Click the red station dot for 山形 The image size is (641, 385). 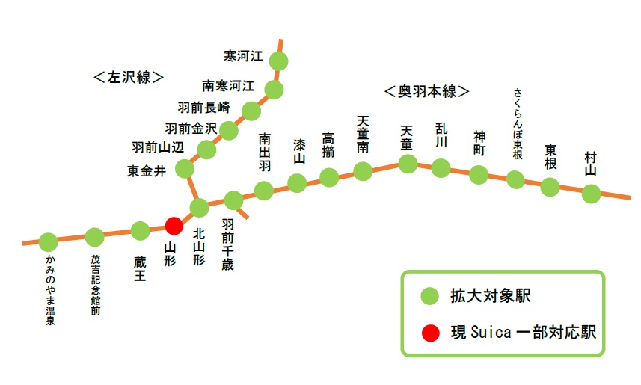[x=174, y=225]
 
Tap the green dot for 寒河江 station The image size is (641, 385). [x=279, y=61]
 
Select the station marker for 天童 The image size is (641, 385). [x=407, y=164]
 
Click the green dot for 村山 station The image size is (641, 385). [x=591, y=194]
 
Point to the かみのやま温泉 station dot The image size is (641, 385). [x=49, y=242]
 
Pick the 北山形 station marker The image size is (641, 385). [x=200, y=207]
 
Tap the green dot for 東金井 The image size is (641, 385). [x=184, y=169]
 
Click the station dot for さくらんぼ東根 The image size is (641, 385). [x=515, y=179]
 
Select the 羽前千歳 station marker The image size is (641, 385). [x=234, y=200]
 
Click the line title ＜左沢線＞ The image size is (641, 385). [x=129, y=76]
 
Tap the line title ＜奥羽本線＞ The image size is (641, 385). [x=426, y=91]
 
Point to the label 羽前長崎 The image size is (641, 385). [x=204, y=105]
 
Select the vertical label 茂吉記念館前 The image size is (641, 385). [x=95, y=284]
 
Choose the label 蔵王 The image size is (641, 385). [x=141, y=268]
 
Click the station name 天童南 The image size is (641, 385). [x=363, y=135]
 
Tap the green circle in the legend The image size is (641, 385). [x=429, y=296]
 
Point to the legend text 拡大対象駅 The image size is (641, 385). [x=491, y=296]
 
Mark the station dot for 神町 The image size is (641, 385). [x=479, y=175]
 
